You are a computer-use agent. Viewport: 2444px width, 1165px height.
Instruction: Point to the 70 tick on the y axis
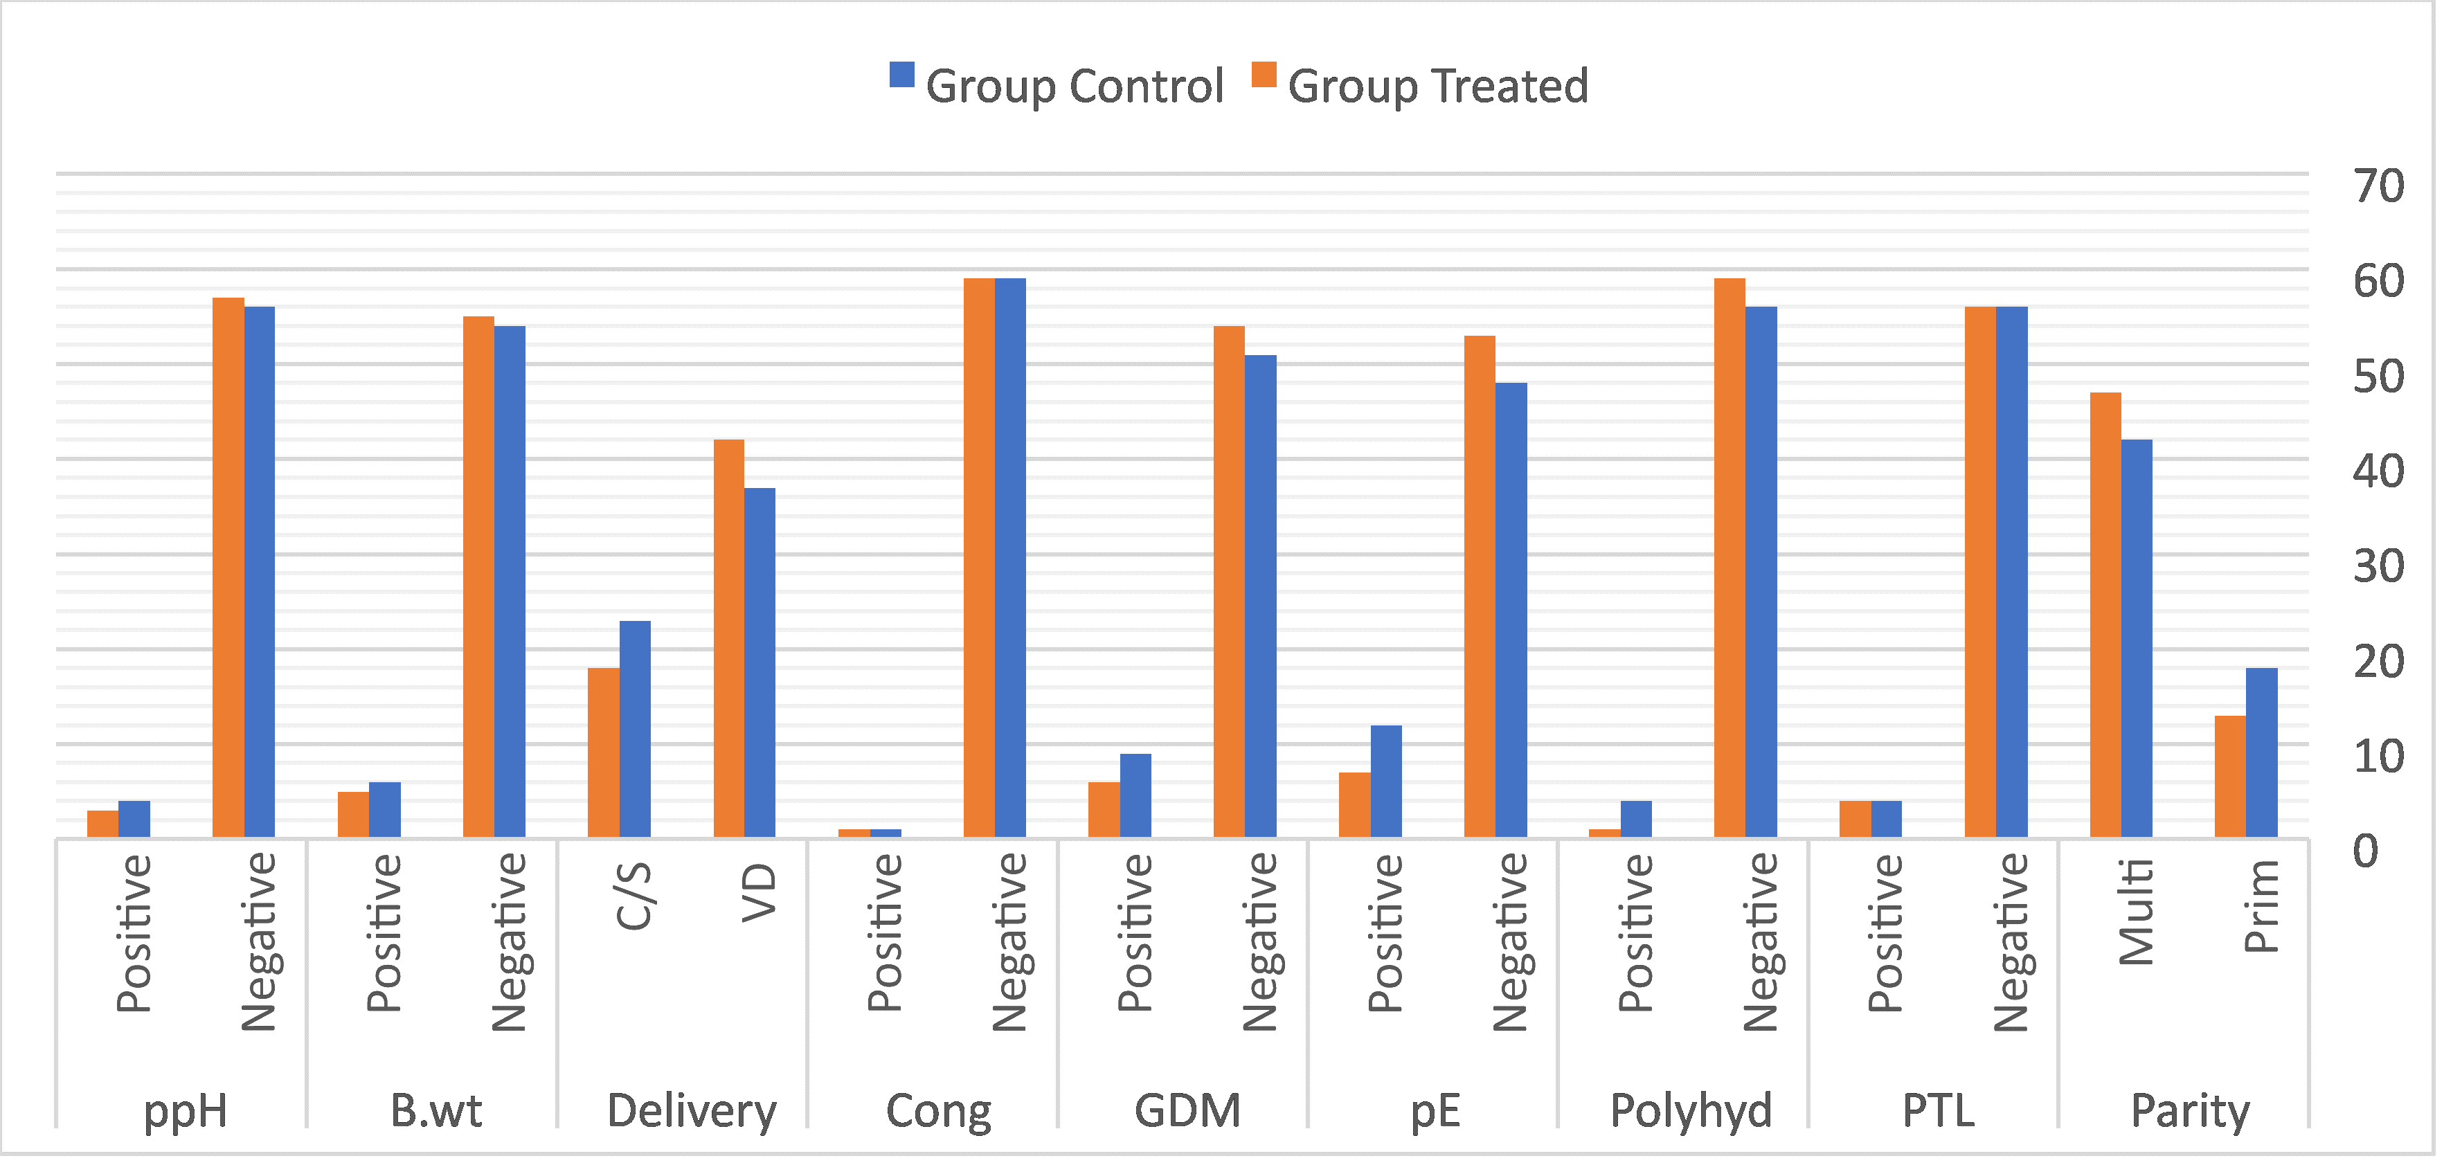(x=2378, y=186)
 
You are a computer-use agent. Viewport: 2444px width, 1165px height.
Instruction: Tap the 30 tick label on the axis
(x=2378, y=566)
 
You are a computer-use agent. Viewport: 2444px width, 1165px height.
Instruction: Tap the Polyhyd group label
(x=1690, y=1110)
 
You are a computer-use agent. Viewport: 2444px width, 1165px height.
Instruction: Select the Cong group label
(x=938, y=1110)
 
